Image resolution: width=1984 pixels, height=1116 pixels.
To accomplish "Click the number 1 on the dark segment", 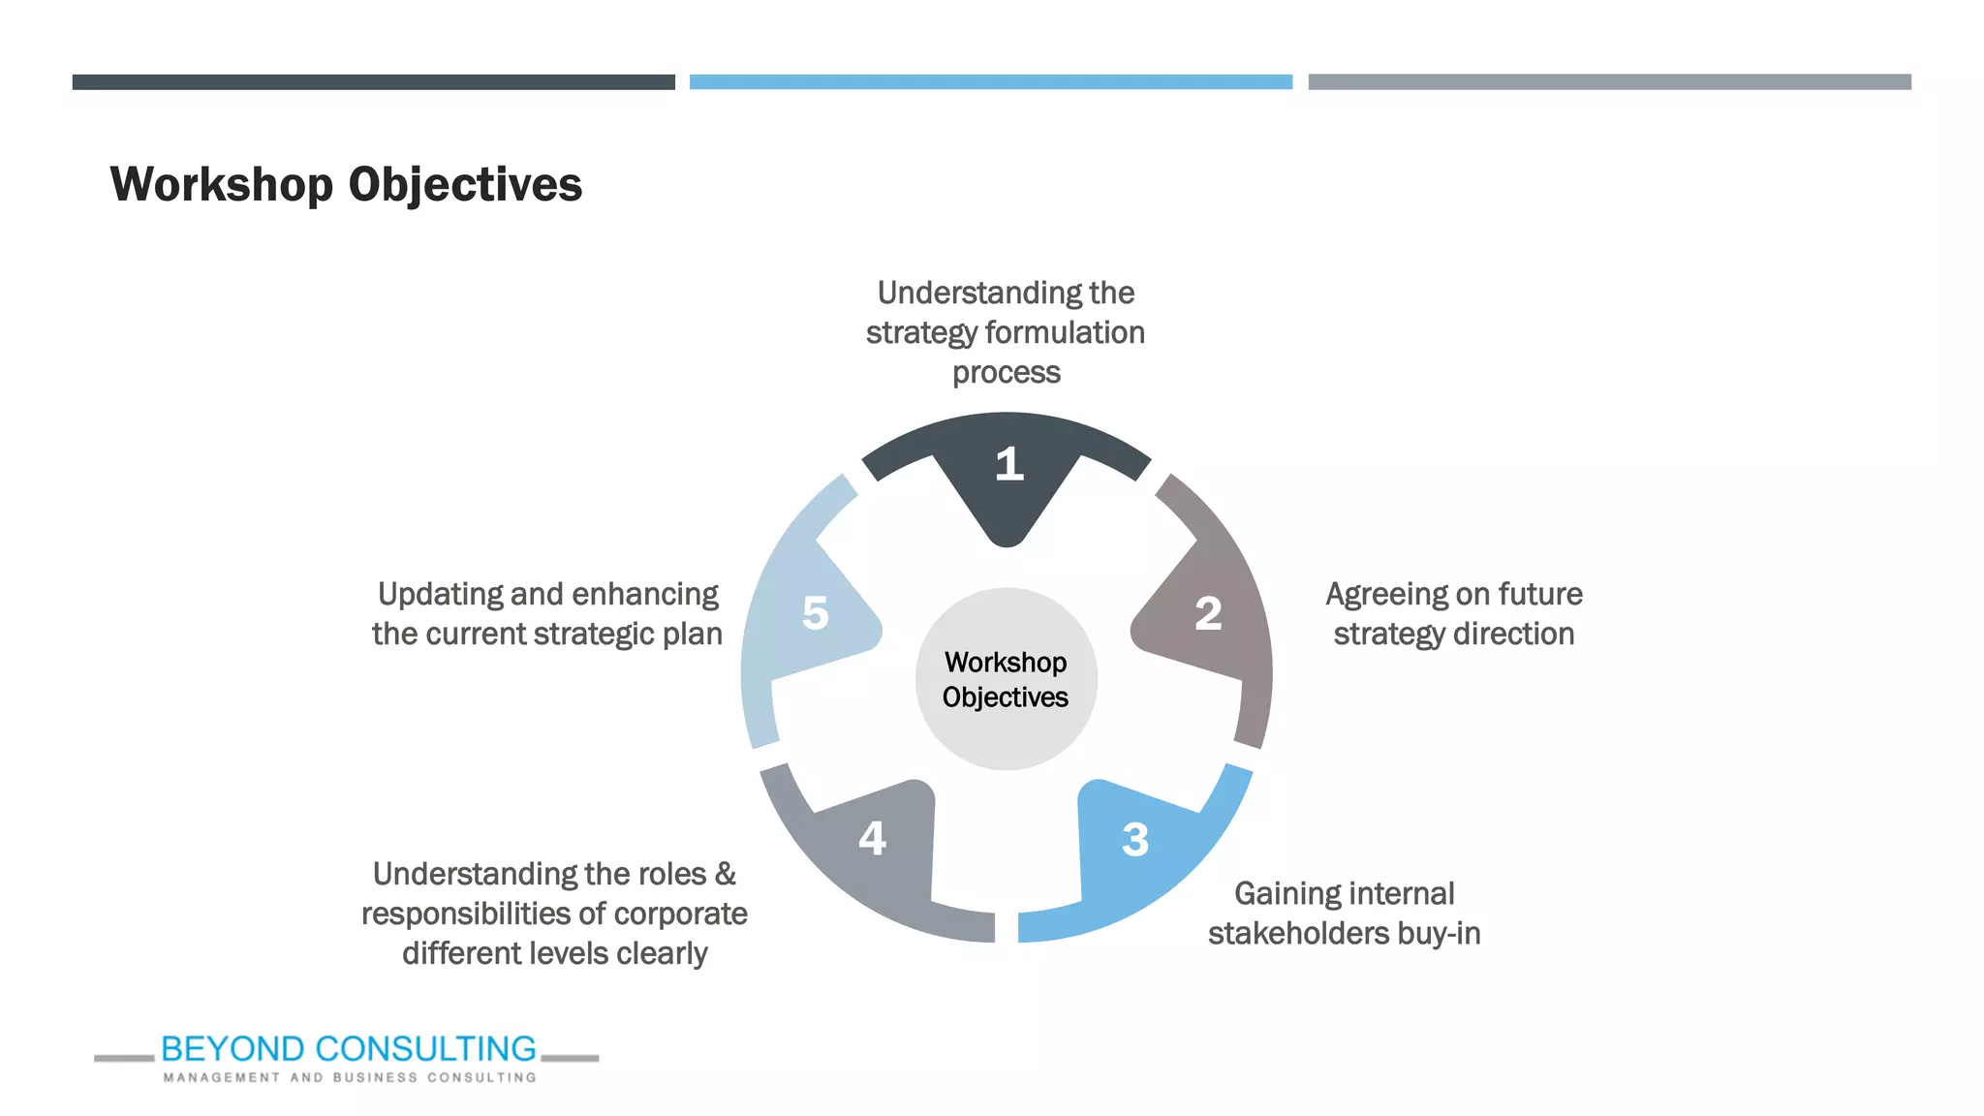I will [x=1008, y=464].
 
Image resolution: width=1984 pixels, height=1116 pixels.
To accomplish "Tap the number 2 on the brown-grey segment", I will [x=1208, y=613].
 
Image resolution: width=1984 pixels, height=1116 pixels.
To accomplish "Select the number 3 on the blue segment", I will [x=1134, y=840].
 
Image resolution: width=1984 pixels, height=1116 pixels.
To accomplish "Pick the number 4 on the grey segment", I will [x=872, y=838].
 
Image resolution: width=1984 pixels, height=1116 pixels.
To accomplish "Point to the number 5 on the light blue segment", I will [x=816, y=613].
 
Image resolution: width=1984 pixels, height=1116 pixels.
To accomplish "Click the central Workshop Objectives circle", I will [x=1006, y=679].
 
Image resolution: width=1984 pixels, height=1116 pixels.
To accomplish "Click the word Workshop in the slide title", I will [x=222, y=185].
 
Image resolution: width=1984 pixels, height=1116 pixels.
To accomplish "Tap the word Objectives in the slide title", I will [x=465, y=185].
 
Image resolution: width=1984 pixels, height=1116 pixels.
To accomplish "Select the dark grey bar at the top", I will [x=373, y=82].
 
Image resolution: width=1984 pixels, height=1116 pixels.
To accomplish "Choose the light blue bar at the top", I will [x=990, y=82].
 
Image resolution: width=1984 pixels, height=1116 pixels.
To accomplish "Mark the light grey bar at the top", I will [x=1609, y=82].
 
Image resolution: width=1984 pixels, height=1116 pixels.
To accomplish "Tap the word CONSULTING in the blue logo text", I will [x=425, y=1049].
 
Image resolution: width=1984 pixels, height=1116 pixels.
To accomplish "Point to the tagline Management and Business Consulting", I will [x=349, y=1077].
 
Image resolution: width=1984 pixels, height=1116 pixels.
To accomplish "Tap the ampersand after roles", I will [x=725, y=875].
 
